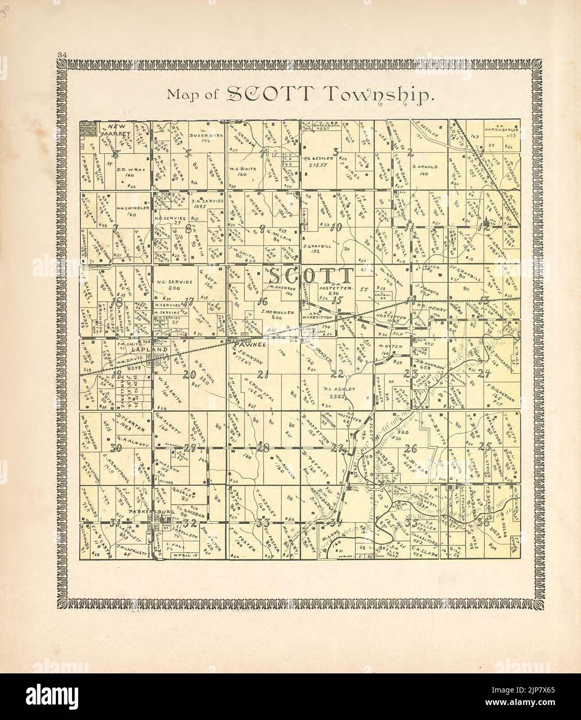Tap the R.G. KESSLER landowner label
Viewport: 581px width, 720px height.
(317, 157)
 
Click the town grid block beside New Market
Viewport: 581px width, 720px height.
(88, 128)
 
